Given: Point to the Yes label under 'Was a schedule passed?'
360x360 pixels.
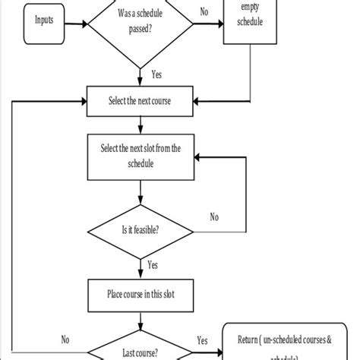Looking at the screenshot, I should coord(156,75).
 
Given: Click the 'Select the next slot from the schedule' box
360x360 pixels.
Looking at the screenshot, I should coord(141,155).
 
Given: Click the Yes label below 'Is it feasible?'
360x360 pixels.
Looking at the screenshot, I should coord(153,266).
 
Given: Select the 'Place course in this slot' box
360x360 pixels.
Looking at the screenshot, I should coord(141,293).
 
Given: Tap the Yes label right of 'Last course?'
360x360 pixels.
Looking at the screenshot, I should coord(203,341).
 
